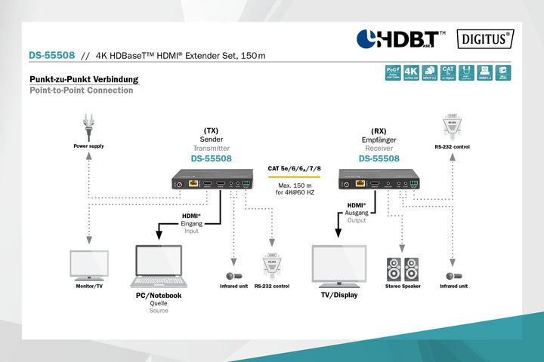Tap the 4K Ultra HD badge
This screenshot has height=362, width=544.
point(412,72)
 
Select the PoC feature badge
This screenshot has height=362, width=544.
point(391,72)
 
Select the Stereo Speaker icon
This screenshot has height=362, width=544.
point(402,269)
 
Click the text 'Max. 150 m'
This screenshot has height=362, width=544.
point(294,186)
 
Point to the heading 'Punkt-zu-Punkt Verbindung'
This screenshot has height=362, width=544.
point(84,79)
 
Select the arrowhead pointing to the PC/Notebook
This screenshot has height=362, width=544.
point(159,235)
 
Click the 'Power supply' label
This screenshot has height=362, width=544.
point(88,146)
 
